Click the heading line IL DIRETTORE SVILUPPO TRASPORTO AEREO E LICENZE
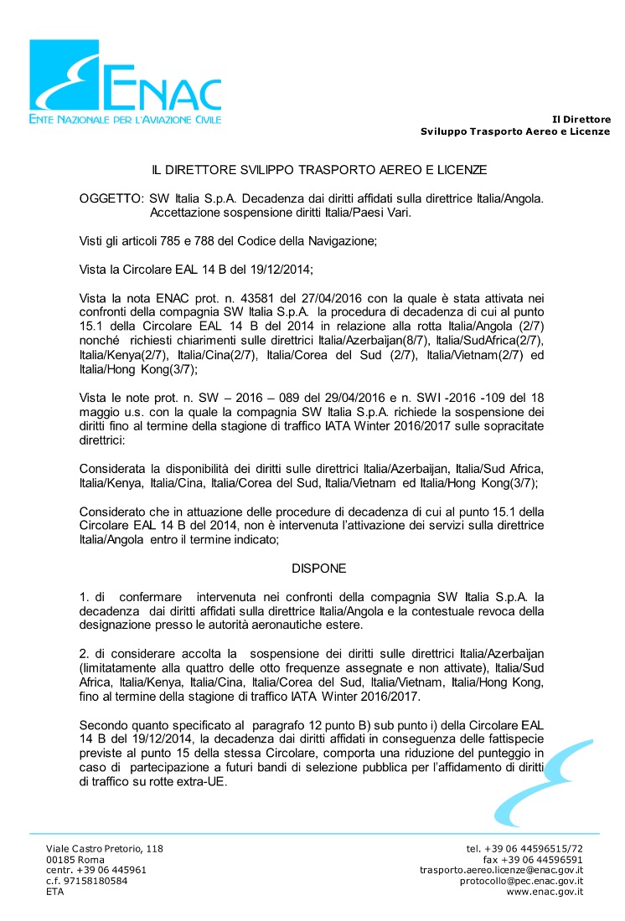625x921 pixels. click(x=318, y=170)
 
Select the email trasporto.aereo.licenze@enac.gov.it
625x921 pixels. click(x=501, y=870)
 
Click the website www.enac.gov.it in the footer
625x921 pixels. click(x=545, y=892)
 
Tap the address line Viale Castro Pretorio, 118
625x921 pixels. click(x=105, y=848)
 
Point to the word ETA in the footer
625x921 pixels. click(x=54, y=892)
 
